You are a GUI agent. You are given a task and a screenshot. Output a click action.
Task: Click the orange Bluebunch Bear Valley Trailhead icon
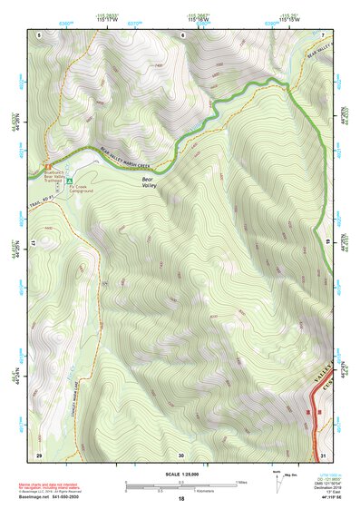pyautogui.click(x=47, y=164)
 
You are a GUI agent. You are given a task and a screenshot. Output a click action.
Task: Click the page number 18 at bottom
pyautogui.click(x=180, y=499)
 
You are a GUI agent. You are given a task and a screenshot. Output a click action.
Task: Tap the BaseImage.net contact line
pyautogui.click(x=49, y=498)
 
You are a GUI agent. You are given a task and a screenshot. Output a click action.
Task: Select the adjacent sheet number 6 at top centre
pyautogui.click(x=181, y=34)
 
